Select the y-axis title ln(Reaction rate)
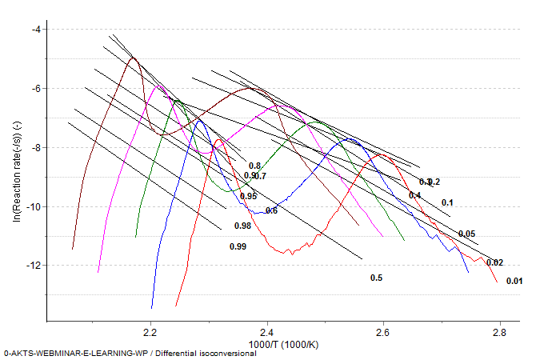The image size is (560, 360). click(16, 171)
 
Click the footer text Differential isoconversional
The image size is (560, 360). click(204, 353)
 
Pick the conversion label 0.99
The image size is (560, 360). click(238, 247)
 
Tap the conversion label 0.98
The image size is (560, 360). click(243, 226)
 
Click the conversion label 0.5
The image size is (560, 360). click(376, 278)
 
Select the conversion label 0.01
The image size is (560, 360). click(514, 281)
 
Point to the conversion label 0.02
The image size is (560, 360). click(494, 262)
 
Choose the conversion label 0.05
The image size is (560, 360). click(466, 234)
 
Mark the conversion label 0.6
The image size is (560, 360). click(271, 210)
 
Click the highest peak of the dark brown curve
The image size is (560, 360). click(134, 58)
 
